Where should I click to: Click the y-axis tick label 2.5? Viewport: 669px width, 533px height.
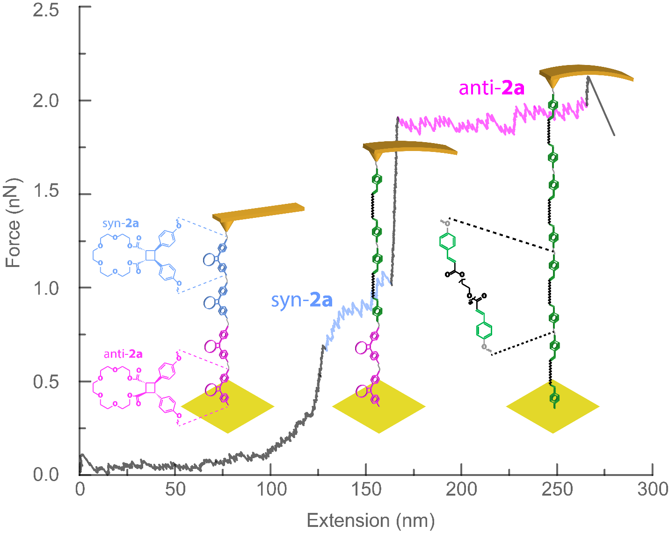[x=46, y=10]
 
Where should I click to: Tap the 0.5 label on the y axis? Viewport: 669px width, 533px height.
[x=46, y=382]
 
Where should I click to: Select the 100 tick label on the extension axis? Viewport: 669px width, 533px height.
[x=271, y=490]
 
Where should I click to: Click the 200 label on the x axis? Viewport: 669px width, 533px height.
[x=462, y=490]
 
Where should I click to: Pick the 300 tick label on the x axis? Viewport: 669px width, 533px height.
[x=653, y=490]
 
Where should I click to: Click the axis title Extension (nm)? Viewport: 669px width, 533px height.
[x=371, y=520]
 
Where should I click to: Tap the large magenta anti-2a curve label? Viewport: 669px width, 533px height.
[x=491, y=88]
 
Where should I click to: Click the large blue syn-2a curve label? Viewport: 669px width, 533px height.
[x=302, y=300]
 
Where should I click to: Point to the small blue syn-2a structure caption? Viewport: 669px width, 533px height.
[x=121, y=223]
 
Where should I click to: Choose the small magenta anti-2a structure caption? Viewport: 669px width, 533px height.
[x=123, y=354]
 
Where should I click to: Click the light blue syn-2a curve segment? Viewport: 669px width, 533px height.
[x=356, y=309]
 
